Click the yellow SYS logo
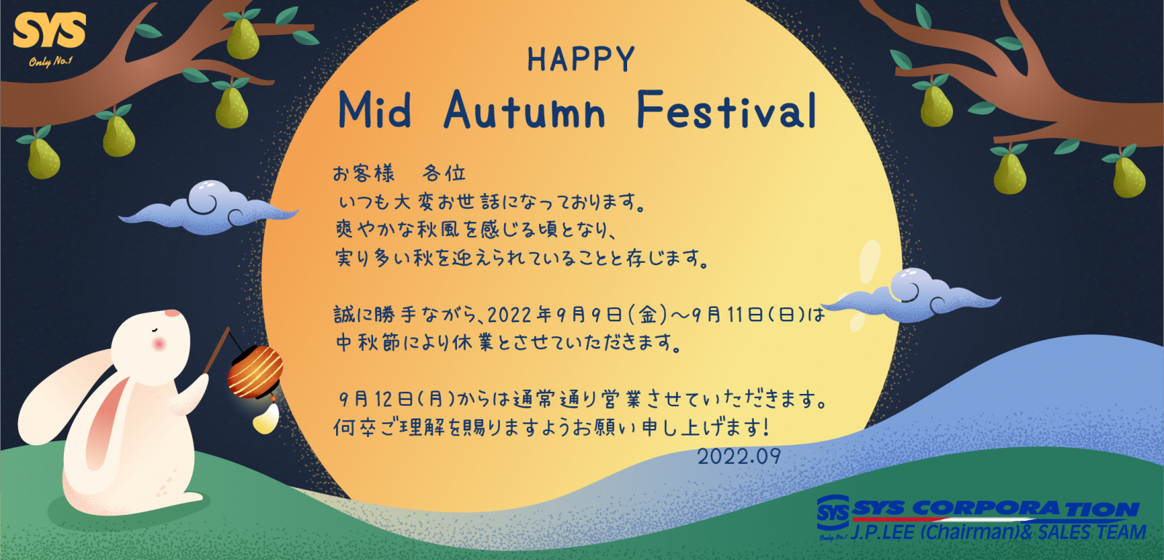(x=49, y=31)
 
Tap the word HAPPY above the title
(x=581, y=59)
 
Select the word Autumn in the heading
(x=525, y=110)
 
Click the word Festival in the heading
(x=727, y=110)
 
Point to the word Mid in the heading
(x=375, y=110)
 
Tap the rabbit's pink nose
(x=172, y=314)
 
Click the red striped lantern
(x=255, y=372)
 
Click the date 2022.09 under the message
(x=738, y=457)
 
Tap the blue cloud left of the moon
(x=208, y=208)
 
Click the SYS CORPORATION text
(x=996, y=508)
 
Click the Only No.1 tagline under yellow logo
(x=50, y=62)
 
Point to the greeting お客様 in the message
(x=364, y=173)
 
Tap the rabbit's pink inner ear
(x=105, y=421)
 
